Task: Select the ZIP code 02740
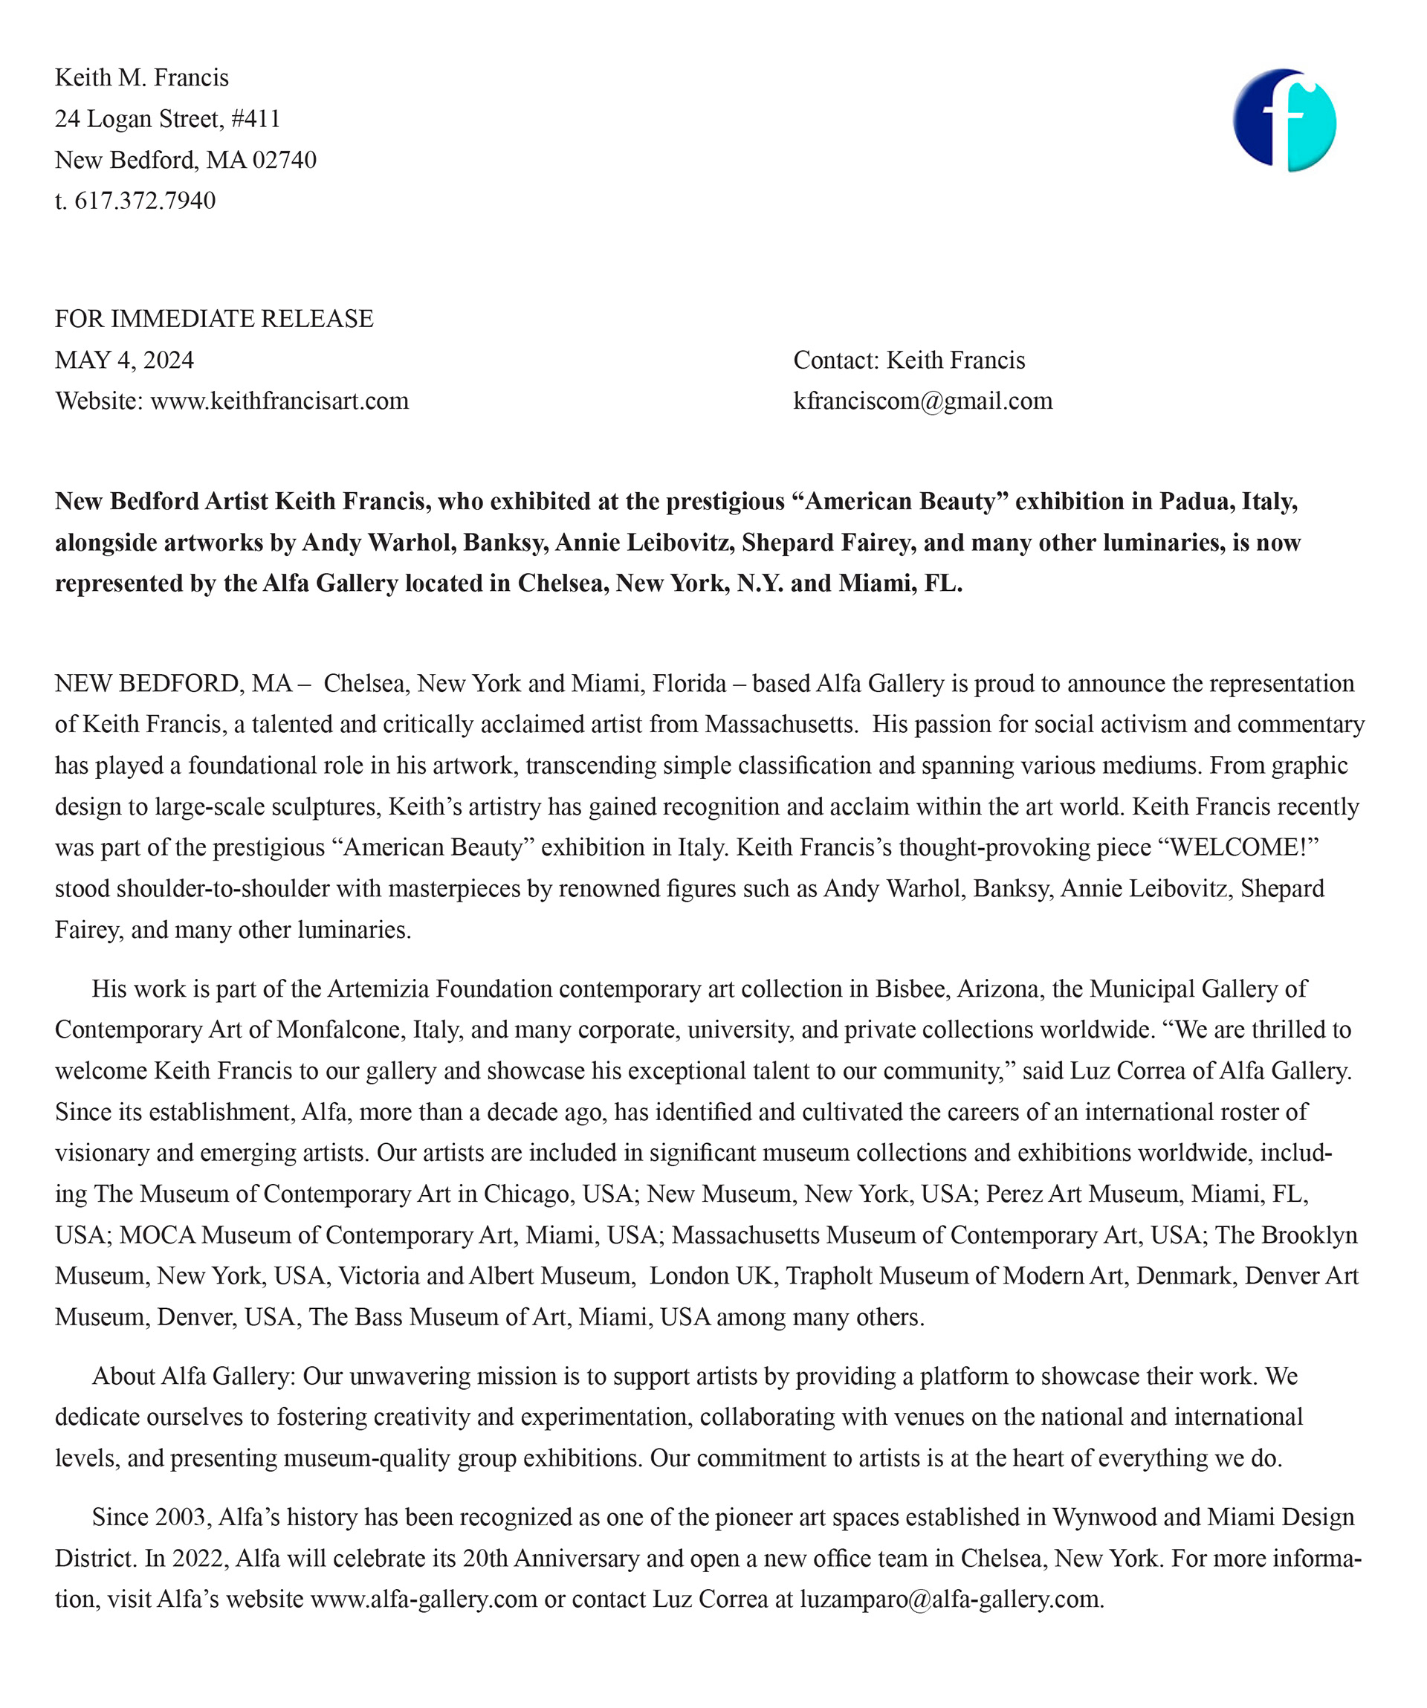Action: pos(284,161)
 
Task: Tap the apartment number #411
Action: pos(256,120)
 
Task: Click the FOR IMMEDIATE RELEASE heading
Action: pos(214,319)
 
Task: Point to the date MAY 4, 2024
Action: pos(124,360)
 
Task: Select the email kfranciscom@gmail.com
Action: pos(922,401)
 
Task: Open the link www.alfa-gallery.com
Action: pos(424,1599)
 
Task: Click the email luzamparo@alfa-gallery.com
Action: pos(951,1599)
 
